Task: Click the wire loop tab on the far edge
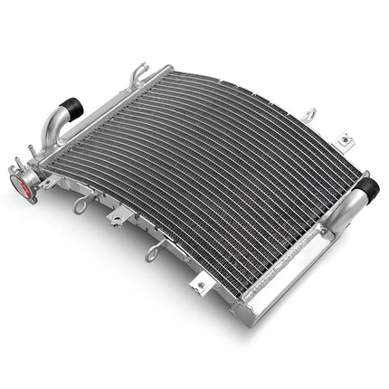(x=311, y=115)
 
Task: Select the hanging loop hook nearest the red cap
(x=82, y=204)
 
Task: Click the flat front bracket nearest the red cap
(x=119, y=218)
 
